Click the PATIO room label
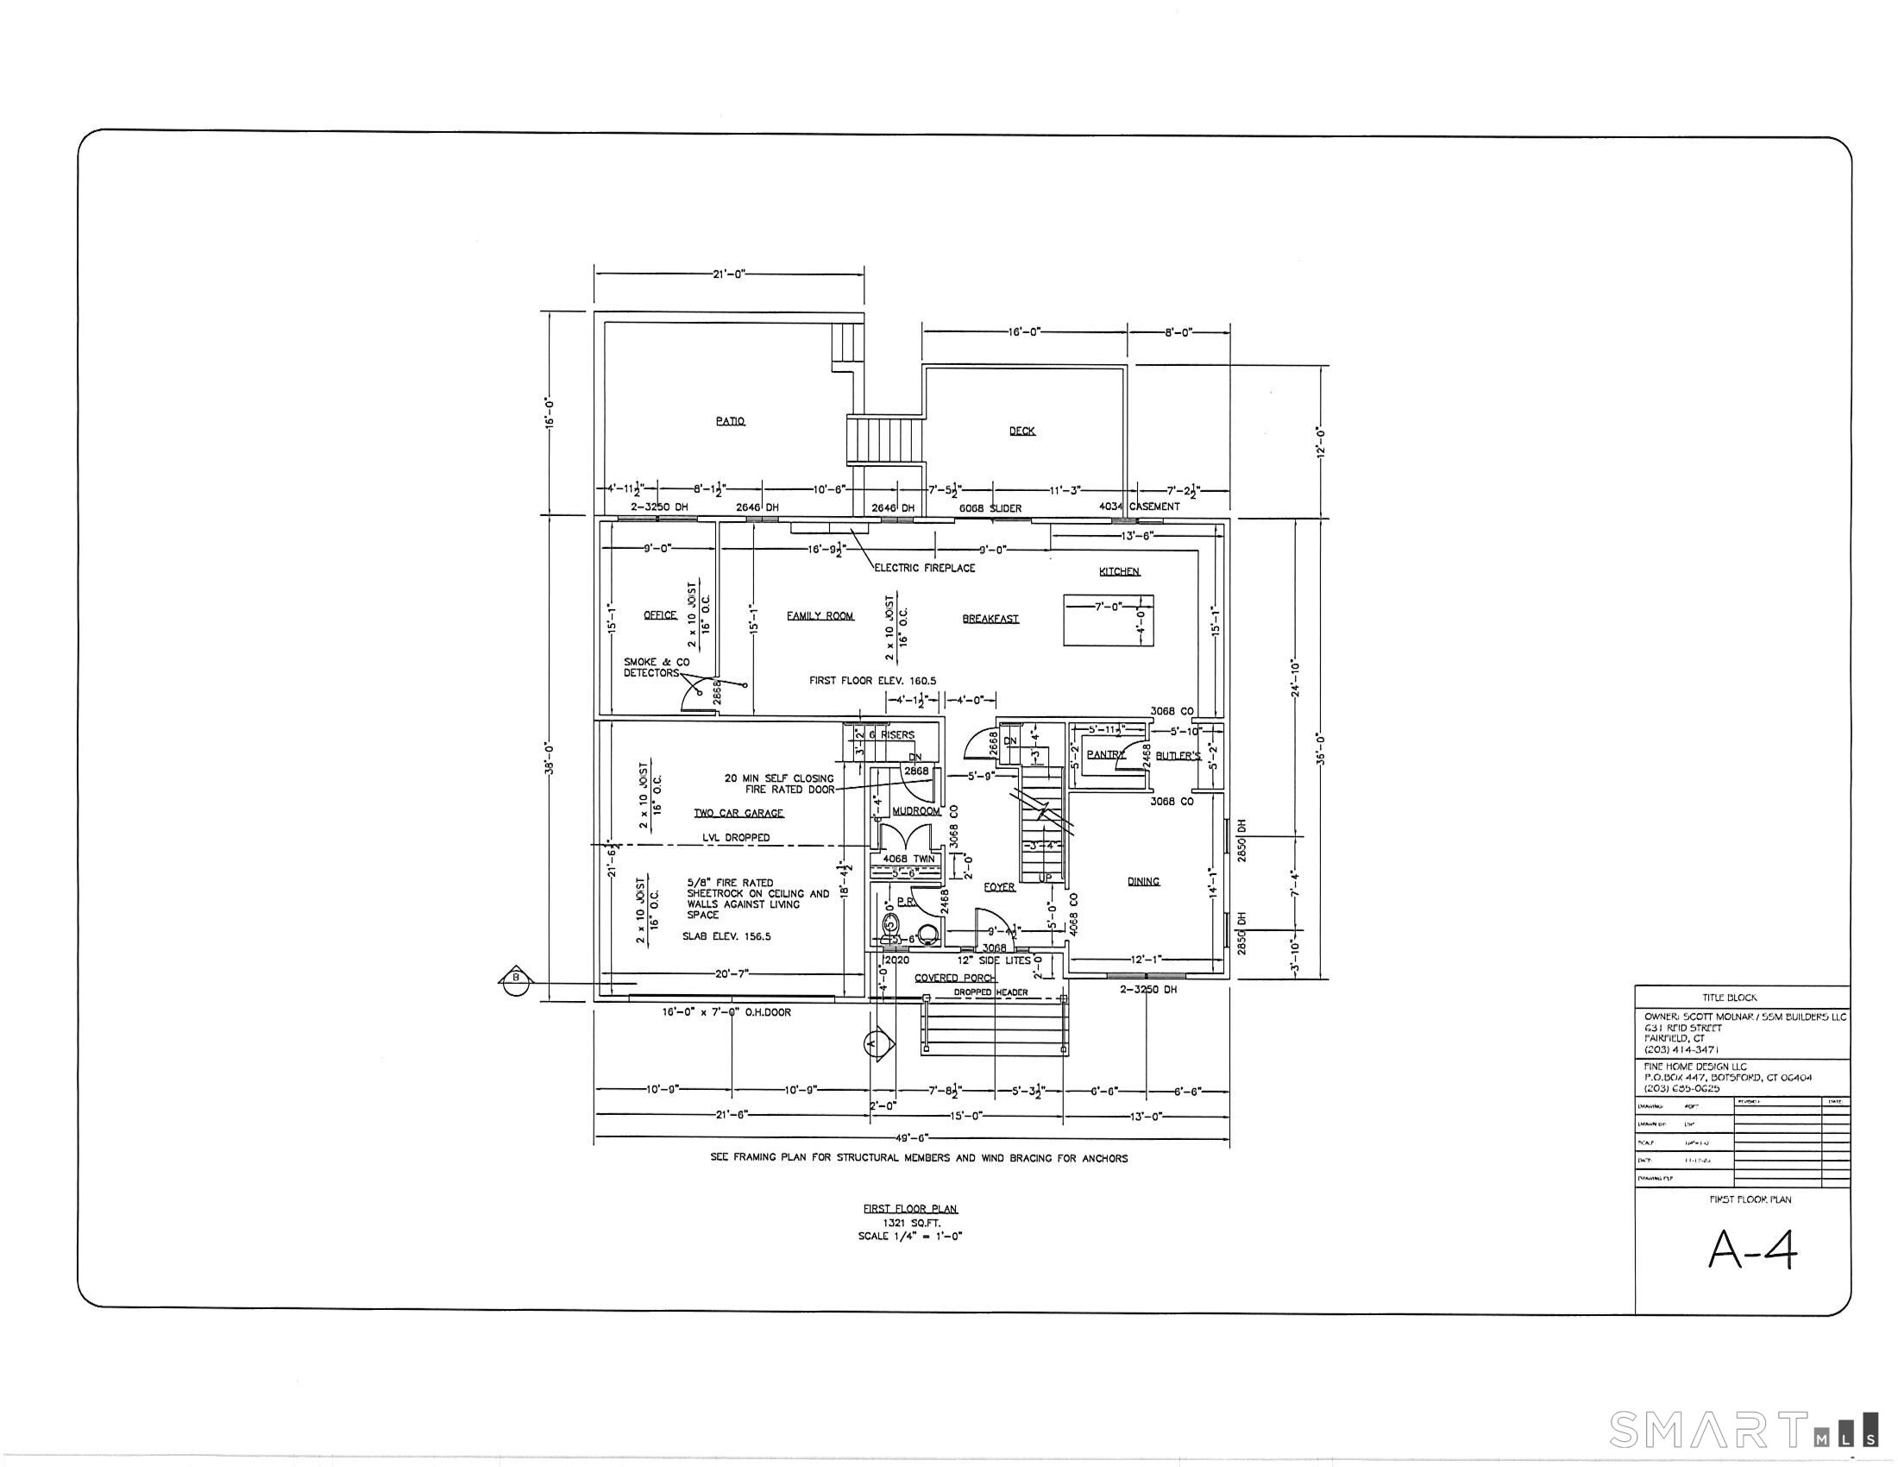730,421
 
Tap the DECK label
1022,431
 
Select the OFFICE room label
660,615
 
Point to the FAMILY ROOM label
820,616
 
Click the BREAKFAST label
990,620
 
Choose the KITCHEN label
1119,572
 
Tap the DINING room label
1143,881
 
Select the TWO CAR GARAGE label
738,814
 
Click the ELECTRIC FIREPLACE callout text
925,569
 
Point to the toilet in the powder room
890,929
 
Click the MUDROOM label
916,811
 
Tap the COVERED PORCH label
954,978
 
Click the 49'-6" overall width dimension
912,1137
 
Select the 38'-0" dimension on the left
550,758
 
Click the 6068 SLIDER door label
990,508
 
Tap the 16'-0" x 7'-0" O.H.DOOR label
726,1012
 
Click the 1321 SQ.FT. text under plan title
911,1223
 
